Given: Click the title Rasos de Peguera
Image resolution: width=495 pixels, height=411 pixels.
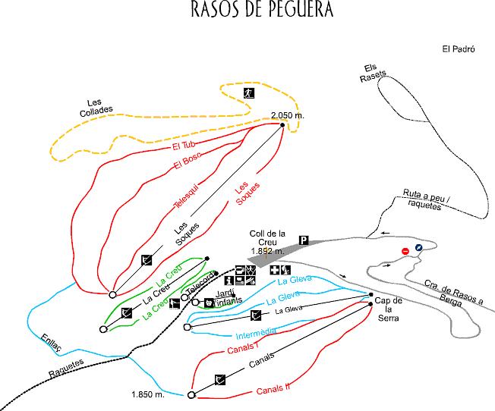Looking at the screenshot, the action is [x=262, y=9].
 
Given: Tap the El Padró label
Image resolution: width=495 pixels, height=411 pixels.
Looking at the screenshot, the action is [x=459, y=49].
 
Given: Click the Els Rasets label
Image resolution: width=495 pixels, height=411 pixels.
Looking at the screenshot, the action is [x=373, y=74].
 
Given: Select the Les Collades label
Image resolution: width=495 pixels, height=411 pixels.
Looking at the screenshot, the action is [x=96, y=108].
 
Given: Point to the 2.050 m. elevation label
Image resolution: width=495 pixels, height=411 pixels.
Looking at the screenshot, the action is [x=288, y=116].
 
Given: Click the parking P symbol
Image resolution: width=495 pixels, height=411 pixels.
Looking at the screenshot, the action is [x=304, y=240].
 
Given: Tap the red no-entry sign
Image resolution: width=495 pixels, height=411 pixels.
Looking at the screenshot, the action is [x=405, y=251].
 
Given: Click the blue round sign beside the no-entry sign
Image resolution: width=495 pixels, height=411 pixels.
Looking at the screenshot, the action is [x=418, y=248].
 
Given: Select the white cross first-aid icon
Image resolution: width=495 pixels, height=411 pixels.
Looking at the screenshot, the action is [x=275, y=270].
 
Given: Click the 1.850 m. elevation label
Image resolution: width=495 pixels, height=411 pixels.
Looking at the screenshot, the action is [x=148, y=394].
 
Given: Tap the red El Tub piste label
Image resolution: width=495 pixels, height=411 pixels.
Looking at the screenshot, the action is [x=184, y=146].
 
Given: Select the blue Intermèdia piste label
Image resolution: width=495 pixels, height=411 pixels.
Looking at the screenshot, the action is [x=256, y=333].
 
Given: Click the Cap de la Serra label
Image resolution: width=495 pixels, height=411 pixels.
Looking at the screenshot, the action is [x=388, y=309].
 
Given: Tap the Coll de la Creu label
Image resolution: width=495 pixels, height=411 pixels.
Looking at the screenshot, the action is [x=267, y=242].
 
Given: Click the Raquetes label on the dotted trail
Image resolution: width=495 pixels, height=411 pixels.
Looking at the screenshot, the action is [x=66, y=369].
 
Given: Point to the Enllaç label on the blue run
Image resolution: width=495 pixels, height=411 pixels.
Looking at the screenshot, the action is [x=51, y=343].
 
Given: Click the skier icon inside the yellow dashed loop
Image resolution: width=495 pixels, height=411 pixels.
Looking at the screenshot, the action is [x=249, y=93].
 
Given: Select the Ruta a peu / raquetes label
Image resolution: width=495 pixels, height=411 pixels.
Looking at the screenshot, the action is [x=426, y=199].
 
